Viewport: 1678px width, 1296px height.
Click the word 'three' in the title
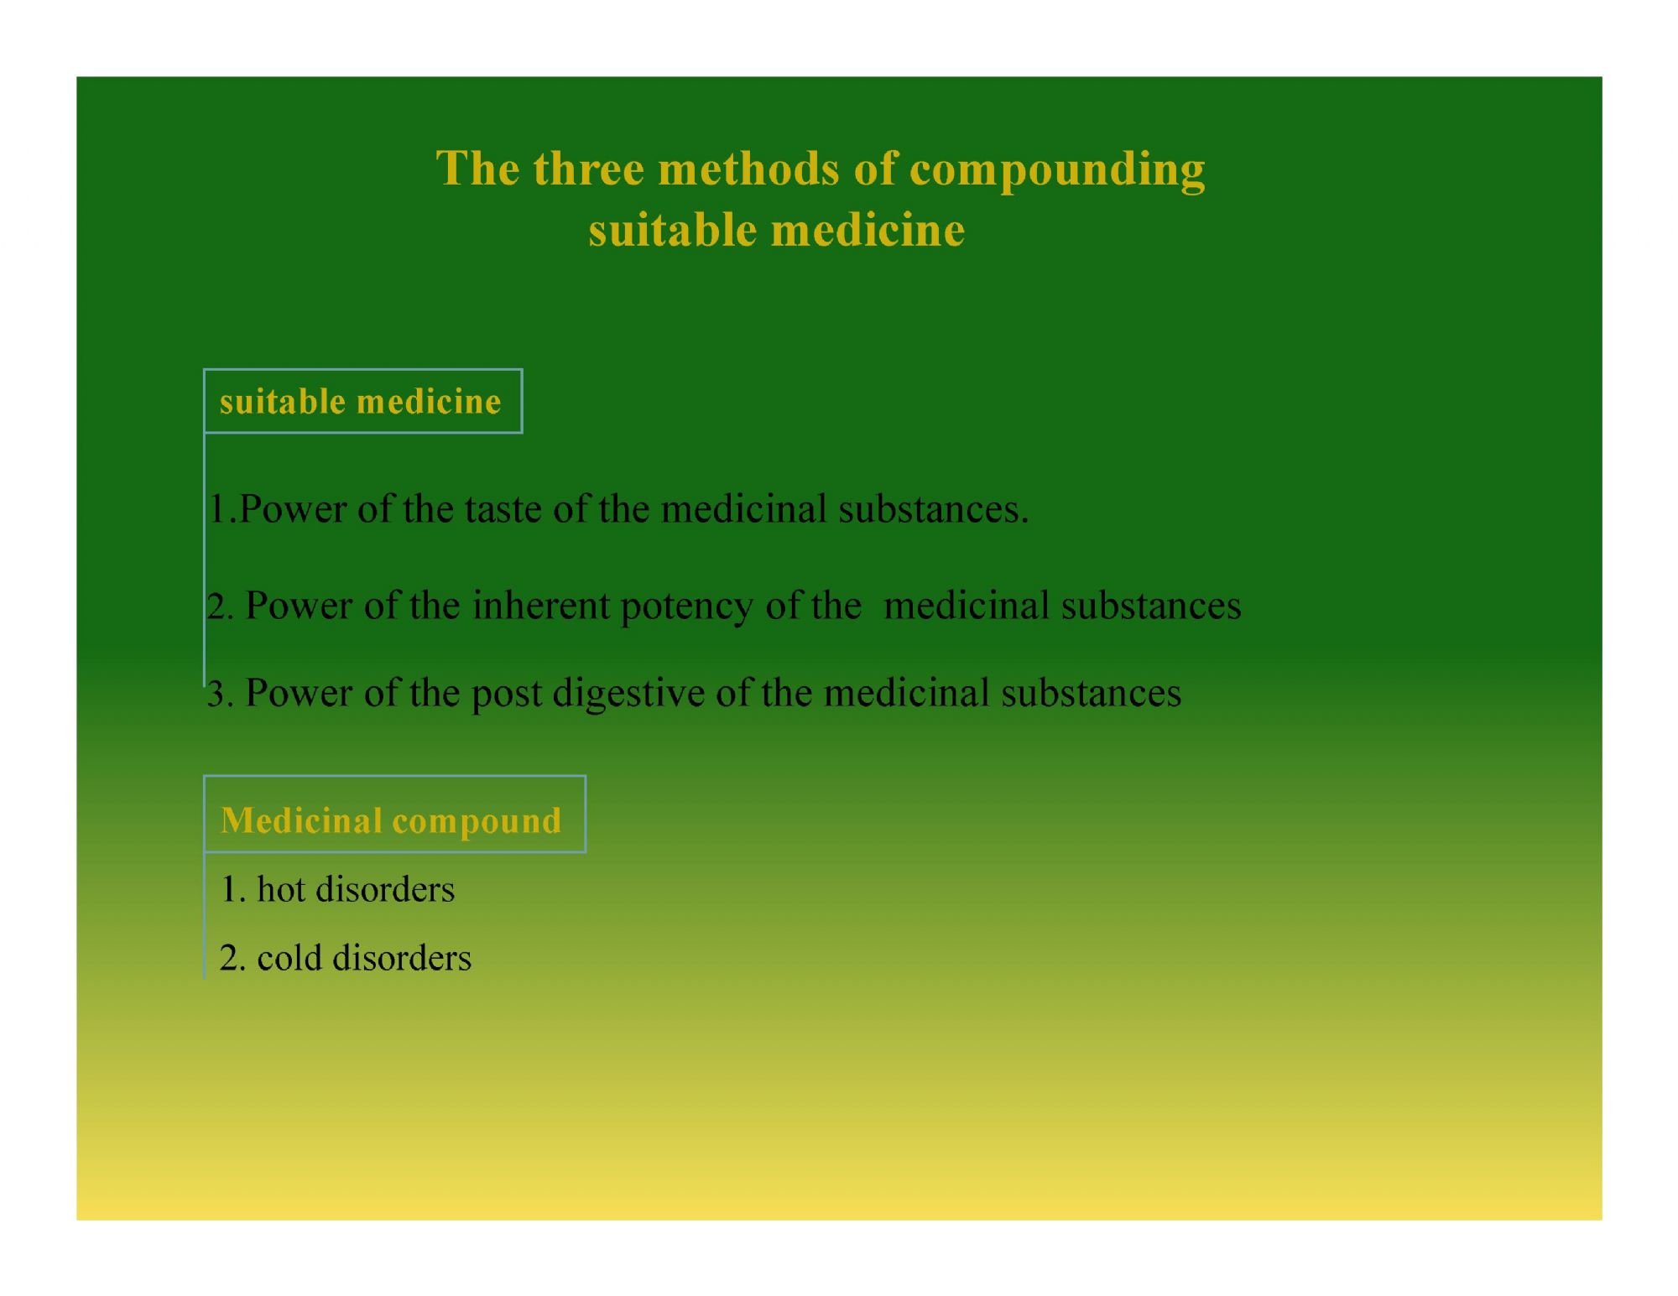point(588,168)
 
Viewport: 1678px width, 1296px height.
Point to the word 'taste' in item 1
point(503,509)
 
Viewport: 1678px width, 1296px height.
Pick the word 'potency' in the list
point(687,608)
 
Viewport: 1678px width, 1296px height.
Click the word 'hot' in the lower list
point(280,889)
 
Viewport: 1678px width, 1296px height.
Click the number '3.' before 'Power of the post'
point(220,694)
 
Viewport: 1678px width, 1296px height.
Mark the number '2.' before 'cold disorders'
point(232,958)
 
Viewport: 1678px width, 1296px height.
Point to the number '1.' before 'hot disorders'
point(232,889)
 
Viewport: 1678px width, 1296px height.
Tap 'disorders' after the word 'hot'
point(385,889)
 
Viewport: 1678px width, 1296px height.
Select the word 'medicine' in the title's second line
point(868,229)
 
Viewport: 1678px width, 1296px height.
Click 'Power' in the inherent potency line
point(299,606)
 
